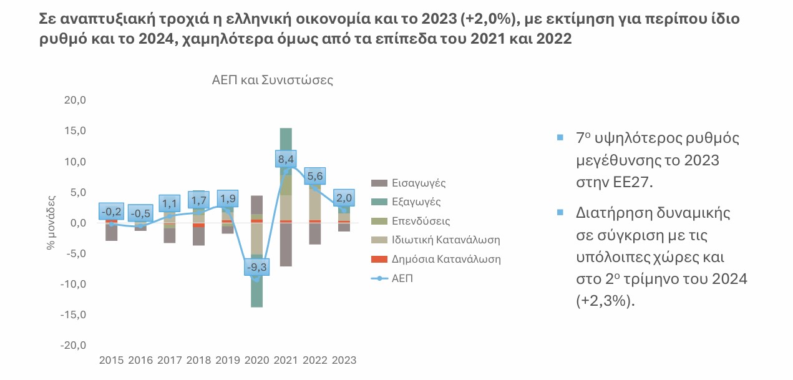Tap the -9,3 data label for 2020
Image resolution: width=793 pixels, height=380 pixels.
click(x=257, y=267)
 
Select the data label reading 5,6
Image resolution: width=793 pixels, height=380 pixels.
click(x=314, y=177)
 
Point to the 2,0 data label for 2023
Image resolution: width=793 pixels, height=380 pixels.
click(x=343, y=198)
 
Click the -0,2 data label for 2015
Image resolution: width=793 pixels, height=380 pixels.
click(x=111, y=211)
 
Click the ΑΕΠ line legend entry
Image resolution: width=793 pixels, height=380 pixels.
click(x=402, y=278)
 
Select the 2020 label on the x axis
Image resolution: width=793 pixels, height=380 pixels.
click(x=256, y=360)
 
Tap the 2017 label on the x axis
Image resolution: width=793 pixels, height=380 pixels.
click(x=170, y=360)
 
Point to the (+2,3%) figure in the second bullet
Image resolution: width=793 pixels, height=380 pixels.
click(x=604, y=301)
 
